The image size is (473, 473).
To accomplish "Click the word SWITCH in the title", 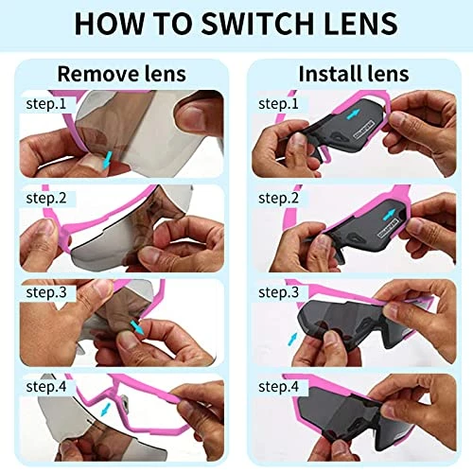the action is click(x=257, y=24).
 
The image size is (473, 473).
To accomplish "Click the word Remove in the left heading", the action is click(x=97, y=74).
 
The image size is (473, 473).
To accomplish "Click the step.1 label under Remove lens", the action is click(x=46, y=103).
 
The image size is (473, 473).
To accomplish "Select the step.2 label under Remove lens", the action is click(x=46, y=198).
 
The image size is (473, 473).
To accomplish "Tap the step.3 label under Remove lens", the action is click(x=46, y=292).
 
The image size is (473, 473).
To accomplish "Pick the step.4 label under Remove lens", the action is click(x=46, y=387).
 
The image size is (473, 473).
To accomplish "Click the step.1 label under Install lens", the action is click(x=278, y=103).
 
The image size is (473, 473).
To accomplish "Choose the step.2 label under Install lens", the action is click(x=278, y=198).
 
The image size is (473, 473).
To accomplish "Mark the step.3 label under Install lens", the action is click(x=278, y=292).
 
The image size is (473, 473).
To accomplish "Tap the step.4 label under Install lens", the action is click(x=278, y=387).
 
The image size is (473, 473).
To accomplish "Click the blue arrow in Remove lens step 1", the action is click(x=108, y=160).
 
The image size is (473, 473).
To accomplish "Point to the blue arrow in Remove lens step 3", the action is click(x=137, y=328).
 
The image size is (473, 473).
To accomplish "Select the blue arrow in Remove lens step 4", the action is click(x=106, y=410).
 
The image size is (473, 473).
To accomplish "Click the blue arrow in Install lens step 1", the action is click(x=354, y=114).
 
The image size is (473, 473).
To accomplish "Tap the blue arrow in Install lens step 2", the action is click(x=389, y=215).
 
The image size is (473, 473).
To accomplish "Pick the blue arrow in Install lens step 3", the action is click(x=292, y=339).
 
